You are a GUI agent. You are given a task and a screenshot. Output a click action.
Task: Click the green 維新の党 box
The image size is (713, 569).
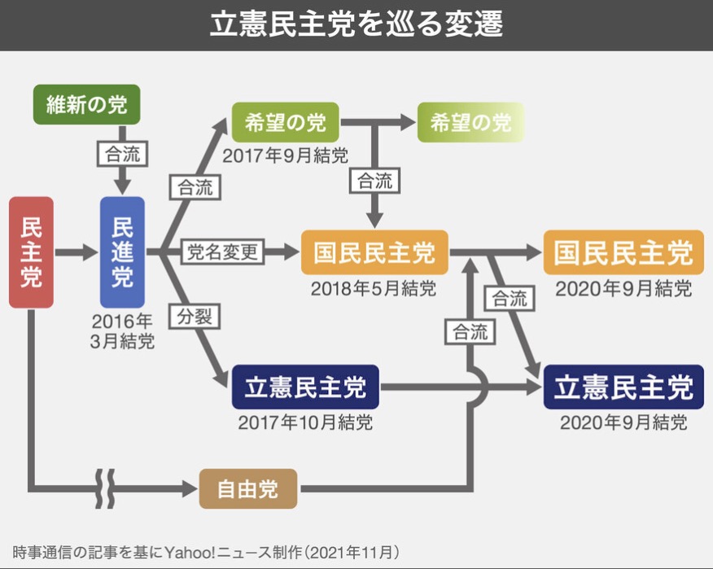click(86, 104)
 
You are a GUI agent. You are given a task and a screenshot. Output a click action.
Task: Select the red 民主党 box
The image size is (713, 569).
click(31, 252)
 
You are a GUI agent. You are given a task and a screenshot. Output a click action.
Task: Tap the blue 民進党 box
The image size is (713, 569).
click(122, 252)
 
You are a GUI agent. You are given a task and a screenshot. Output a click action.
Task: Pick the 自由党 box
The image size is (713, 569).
click(247, 488)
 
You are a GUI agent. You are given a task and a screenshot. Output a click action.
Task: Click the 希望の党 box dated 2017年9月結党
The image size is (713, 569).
click(285, 122)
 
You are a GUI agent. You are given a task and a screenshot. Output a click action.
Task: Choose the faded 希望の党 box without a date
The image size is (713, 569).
click(470, 122)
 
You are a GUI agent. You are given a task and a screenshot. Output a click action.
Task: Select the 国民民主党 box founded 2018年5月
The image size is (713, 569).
click(374, 252)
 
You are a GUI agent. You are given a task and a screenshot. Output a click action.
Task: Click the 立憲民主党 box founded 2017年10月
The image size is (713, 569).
click(305, 387)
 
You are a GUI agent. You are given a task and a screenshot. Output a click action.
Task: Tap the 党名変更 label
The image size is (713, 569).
click(222, 252)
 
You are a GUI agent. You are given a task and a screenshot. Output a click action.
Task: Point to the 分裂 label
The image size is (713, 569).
click(193, 316)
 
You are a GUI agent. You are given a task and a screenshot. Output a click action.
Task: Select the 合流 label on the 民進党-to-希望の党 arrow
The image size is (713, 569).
click(194, 187)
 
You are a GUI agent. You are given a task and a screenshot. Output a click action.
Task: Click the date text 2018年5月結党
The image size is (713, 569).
click(374, 289)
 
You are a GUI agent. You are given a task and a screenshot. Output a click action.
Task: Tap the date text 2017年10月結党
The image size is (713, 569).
click(305, 423)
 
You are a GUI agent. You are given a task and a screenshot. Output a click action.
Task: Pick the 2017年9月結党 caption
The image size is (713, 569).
click(285, 155)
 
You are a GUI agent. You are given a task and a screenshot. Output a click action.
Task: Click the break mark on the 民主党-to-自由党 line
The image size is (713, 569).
click(107, 489)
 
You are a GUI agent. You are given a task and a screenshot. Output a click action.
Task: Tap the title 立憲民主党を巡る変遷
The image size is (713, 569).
click(356, 24)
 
